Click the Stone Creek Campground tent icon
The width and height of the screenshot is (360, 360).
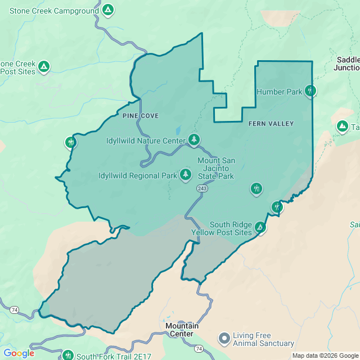[x=109, y=10]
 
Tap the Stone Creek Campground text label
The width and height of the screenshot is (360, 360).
[x=54, y=10]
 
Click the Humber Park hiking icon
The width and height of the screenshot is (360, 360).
[x=310, y=91]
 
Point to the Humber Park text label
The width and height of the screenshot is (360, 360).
[x=279, y=92]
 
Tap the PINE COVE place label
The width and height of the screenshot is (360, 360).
[x=140, y=115]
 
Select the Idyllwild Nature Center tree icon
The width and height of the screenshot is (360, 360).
[x=194, y=139]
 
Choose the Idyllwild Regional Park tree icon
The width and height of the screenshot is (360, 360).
[x=186, y=175]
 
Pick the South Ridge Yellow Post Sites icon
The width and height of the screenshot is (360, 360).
[x=260, y=227]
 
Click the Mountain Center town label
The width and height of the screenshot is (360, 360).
[x=182, y=330]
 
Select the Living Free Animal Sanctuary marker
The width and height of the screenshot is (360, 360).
[x=224, y=339]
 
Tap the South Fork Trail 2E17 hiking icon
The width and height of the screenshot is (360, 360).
[x=68, y=355]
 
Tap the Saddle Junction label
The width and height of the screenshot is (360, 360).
[x=346, y=64]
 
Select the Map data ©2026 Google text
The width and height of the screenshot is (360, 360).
[x=325, y=355]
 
